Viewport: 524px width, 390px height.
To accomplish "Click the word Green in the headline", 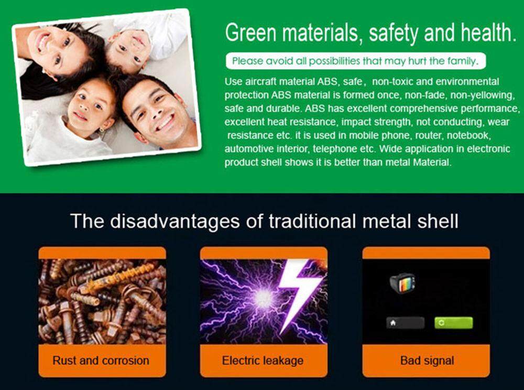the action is tap(250, 33).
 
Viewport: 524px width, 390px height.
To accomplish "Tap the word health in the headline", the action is tap(486, 33).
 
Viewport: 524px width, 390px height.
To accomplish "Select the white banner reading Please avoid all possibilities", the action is tap(356, 61).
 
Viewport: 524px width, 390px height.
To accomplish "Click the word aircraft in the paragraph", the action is tap(264, 82).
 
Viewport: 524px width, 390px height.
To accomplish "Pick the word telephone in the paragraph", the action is tap(334, 149).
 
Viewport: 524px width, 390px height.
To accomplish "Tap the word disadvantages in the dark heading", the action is tap(175, 222).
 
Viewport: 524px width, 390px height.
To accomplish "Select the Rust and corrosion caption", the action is tap(101, 360).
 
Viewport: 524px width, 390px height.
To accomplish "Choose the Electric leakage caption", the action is tap(263, 360).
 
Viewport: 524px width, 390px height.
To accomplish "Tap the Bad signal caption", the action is tap(427, 360).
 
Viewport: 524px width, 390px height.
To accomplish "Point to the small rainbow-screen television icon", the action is tap(402, 283).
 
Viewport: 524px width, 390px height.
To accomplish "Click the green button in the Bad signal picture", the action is tap(453, 323).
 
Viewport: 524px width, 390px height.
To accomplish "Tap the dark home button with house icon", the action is tap(406, 323).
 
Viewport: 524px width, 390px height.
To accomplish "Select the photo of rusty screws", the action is tap(102, 302).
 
